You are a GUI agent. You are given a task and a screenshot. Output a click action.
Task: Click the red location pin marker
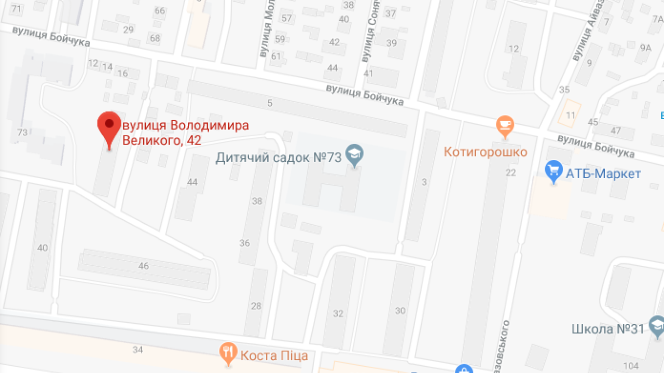coord(109,127)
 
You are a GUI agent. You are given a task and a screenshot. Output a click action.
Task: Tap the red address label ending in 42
coord(185,133)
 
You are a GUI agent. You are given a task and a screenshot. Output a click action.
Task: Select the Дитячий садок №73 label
coord(279,157)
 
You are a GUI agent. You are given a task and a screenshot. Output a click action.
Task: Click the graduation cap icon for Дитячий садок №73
coord(355,154)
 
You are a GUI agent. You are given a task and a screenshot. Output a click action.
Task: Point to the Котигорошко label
coord(486,152)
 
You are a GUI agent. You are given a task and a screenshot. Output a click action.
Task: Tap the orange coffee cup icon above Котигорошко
coord(504,125)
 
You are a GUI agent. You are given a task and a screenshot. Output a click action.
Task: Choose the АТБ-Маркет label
coord(603,174)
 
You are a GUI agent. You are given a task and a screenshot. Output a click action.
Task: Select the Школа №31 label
coord(607,328)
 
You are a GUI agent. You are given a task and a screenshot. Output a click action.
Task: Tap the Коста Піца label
coord(274,355)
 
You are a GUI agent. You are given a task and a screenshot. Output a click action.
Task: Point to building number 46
coord(144,266)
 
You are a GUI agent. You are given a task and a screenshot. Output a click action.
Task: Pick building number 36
coord(245,243)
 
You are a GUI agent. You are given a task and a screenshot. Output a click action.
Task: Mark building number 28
coord(256,306)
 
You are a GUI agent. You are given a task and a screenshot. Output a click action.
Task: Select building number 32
coord(338,313)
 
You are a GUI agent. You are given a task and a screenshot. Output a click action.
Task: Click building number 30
coord(400,311)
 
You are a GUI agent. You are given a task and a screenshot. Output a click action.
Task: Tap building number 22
coord(511,173)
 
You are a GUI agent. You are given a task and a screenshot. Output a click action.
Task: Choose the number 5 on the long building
coord(270,103)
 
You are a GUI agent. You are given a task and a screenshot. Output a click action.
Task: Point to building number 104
coord(631,366)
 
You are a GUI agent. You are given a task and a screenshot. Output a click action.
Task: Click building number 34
coord(137,350)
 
